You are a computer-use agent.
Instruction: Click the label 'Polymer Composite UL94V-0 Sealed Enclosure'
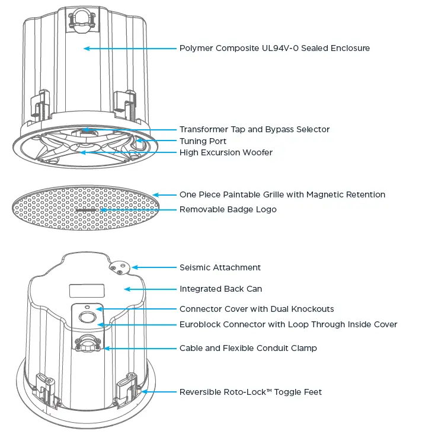point(274,48)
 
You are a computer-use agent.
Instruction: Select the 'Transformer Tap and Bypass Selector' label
point(254,129)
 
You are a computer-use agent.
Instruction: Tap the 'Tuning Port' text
point(203,141)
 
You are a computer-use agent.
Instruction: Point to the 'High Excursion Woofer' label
point(226,153)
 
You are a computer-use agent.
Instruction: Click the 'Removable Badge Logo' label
point(228,209)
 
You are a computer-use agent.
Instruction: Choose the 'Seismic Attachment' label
point(220,267)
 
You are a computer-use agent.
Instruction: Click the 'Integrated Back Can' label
point(220,289)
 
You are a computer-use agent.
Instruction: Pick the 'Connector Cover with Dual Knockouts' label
point(257,309)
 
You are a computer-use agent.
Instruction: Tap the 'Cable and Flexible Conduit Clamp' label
point(248,348)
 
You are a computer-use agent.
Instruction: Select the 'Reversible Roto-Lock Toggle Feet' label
point(251,392)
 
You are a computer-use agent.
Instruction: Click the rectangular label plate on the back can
point(87,291)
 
